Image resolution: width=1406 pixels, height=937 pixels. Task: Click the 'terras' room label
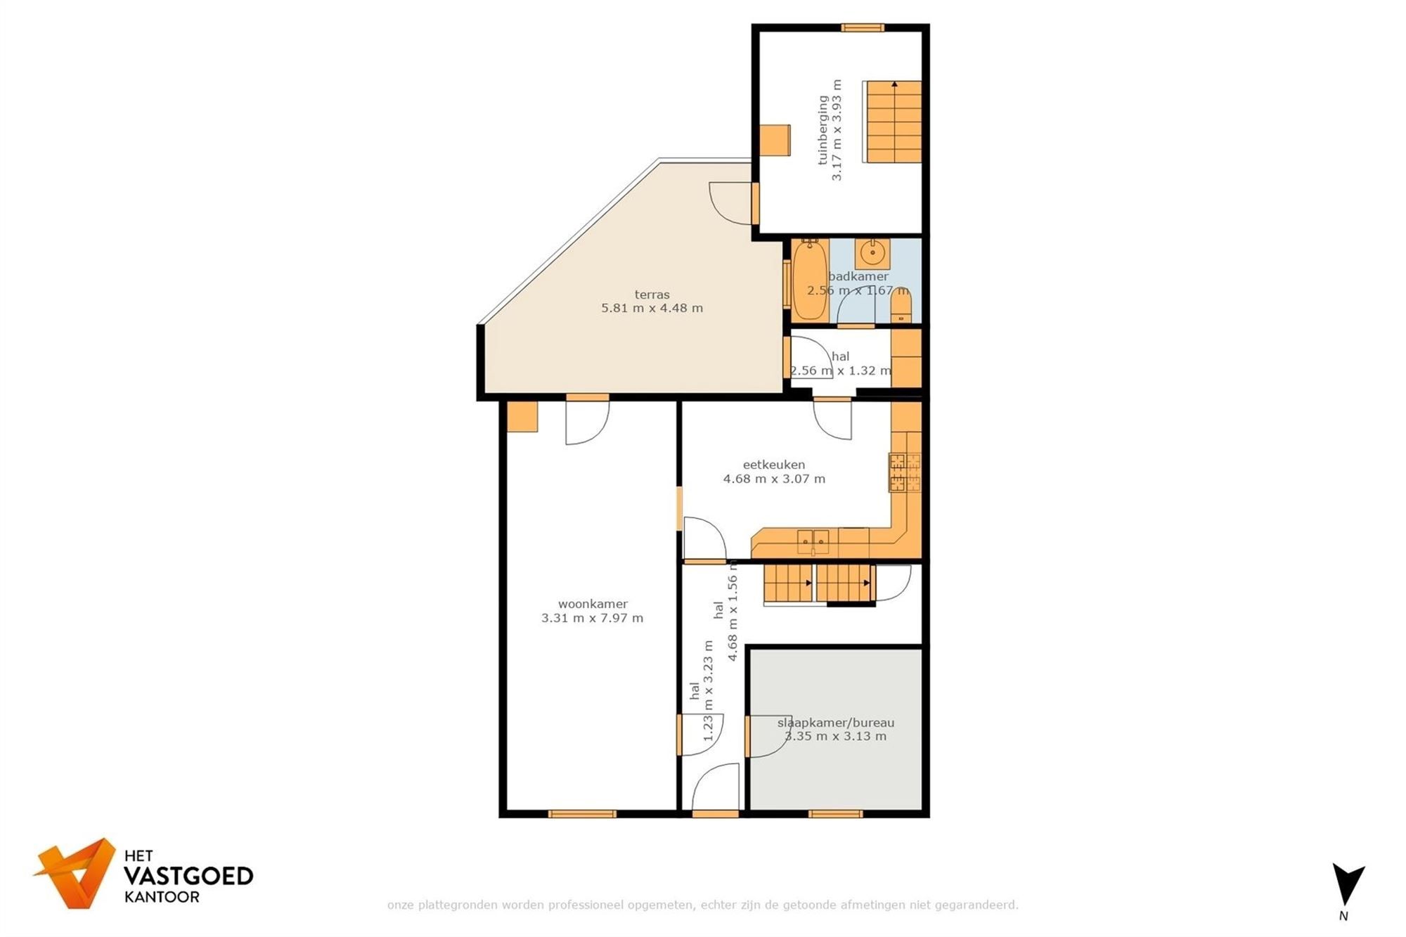pos(652,295)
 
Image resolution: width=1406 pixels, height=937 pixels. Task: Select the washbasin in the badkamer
pos(872,253)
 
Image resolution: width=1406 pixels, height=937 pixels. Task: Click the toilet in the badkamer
pos(901,307)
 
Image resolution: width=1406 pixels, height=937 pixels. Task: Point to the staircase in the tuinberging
pos(893,122)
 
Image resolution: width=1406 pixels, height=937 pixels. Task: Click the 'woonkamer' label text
pos(593,604)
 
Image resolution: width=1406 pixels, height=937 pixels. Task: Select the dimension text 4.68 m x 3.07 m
pos(774,479)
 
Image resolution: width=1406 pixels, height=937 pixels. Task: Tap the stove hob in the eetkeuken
pos(905,472)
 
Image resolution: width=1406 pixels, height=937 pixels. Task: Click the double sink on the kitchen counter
pos(813,542)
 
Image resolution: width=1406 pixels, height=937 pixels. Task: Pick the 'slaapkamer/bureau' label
pos(835,723)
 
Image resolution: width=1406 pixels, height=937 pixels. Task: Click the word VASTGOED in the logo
pos(188,876)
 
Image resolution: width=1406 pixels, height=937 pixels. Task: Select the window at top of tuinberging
pos(863,28)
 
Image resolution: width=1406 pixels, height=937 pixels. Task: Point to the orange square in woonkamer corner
pos(522,416)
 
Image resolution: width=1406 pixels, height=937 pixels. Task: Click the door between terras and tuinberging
pos(755,203)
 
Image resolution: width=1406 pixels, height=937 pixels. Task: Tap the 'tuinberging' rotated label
pos(823,130)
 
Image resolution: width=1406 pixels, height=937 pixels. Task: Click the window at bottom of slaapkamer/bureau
pos(835,814)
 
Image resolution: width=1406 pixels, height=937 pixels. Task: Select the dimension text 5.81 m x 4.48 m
pos(652,308)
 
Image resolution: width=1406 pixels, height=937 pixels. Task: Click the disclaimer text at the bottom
pos(702,905)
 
